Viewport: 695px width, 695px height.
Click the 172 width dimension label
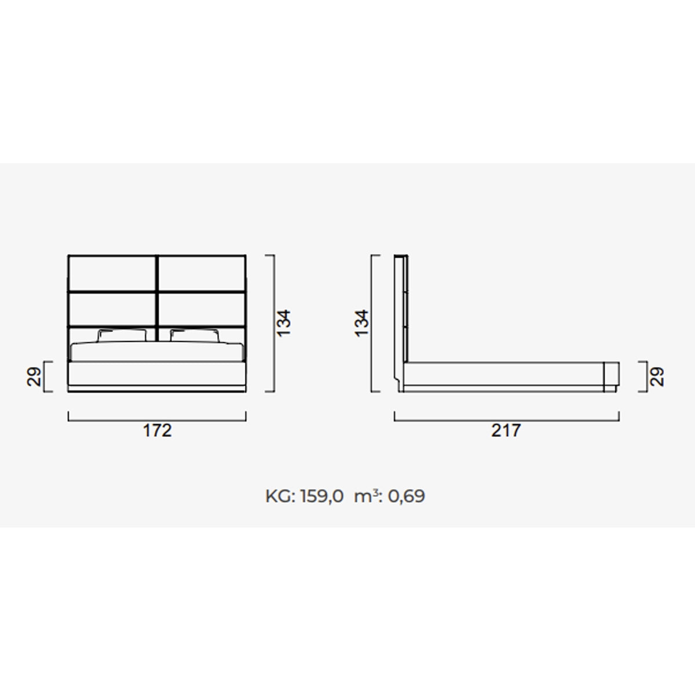click(x=158, y=430)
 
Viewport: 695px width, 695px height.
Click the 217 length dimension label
click(x=506, y=430)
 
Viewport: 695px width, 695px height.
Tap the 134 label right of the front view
click(x=283, y=323)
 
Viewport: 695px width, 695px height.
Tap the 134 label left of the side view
click(x=362, y=323)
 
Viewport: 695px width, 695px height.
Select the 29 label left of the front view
click(x=34, y=377)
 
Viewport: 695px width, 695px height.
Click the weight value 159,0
click(x=322, y=496)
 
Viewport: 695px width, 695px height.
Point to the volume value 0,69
click(x=407, y=496)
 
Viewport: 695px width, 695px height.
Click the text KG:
click(x=280, y=496)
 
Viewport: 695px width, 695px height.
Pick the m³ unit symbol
click(x=365, y=496)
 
